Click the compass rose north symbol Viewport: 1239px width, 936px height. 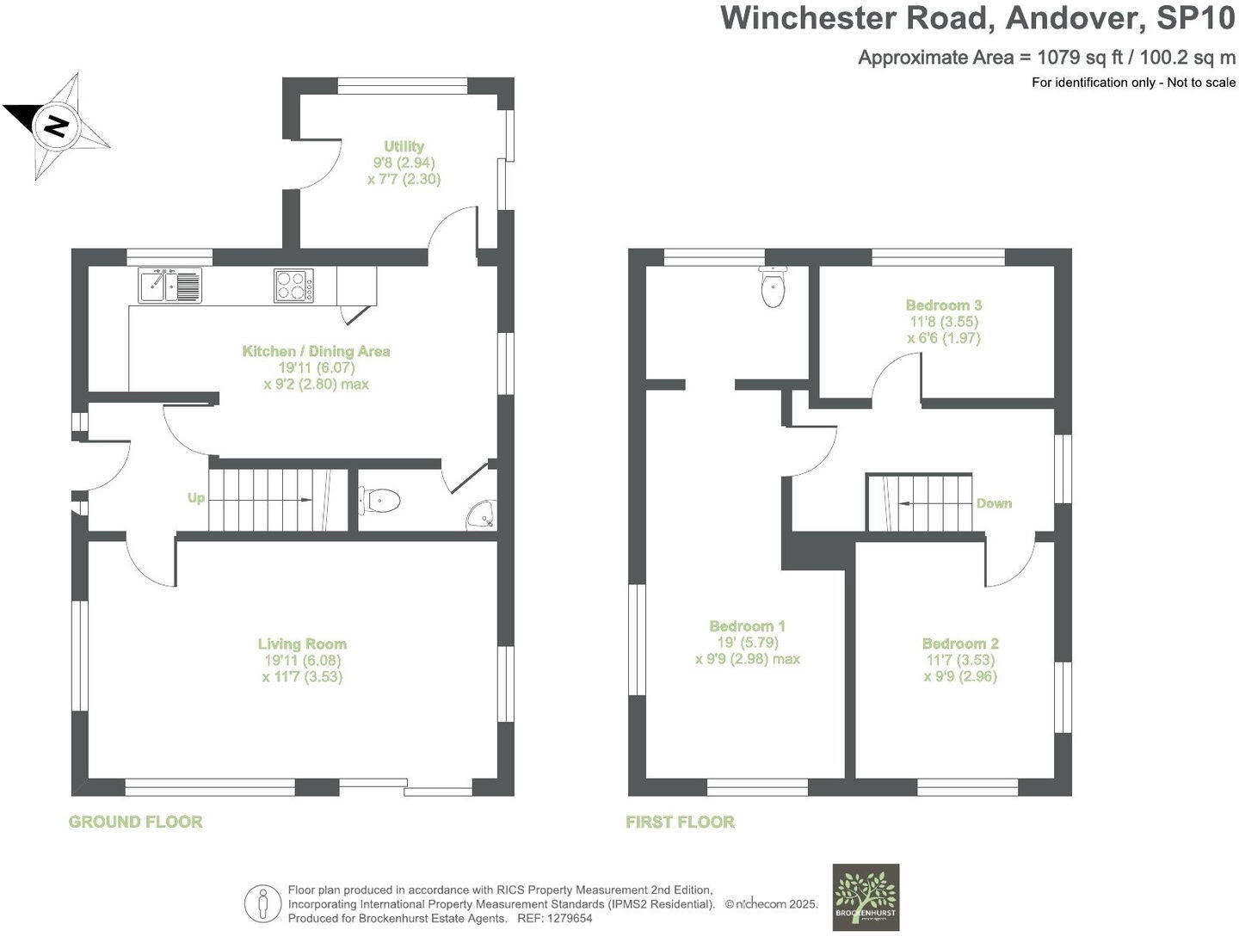(57, 127)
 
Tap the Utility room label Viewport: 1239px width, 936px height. (404, 147)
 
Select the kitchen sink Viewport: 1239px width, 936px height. (170, 286)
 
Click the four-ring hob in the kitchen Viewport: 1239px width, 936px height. (293, 286)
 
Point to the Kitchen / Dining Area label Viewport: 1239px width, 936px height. (316, 351)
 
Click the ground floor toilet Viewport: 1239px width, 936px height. (380, 500)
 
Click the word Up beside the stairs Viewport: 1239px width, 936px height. (196, 498)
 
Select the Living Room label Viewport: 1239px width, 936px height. (302, 643)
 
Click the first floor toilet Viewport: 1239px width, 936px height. (774, 287)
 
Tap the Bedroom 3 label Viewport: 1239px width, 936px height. (943, 305)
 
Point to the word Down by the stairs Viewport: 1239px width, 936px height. (994, 503)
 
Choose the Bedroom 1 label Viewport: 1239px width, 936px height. (747, 626)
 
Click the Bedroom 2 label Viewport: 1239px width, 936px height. (960, 643)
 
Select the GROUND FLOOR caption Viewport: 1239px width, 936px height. (135, 822)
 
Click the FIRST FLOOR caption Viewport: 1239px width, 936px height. (680, 822)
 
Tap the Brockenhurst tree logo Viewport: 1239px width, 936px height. (866, 896)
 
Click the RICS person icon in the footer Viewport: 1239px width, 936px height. (263, 904)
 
